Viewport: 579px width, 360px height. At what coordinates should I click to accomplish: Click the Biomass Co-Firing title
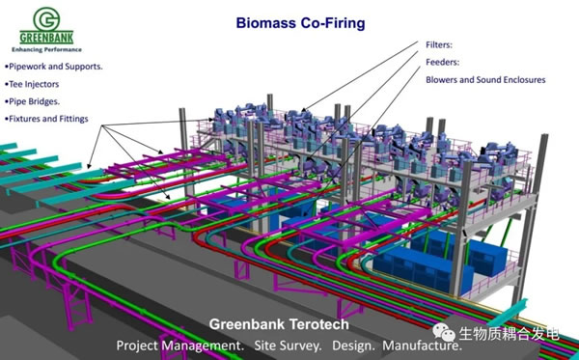point(300,23)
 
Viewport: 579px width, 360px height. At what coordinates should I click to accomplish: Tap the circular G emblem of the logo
point(46,19)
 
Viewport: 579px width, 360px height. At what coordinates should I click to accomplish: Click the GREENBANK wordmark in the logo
point(46,38)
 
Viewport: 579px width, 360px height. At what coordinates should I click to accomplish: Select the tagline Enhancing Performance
point(46,49)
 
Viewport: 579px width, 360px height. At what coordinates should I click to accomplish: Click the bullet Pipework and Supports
point(53,67)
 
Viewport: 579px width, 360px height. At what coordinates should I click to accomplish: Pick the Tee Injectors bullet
point(32,84)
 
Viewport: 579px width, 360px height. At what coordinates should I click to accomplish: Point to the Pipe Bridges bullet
point(32,101)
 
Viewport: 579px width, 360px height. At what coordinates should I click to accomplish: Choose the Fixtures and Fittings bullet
point(46,119)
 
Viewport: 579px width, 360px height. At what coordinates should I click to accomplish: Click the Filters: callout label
point(439,44)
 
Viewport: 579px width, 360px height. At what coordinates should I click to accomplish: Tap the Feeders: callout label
point(443,62)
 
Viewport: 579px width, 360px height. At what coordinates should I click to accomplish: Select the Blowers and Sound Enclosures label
point(485,80)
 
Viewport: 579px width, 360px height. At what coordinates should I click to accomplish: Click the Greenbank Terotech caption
point(279,324)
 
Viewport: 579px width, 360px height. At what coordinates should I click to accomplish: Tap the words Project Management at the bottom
point(179,346)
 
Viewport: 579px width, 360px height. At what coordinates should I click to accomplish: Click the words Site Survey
point(288,346)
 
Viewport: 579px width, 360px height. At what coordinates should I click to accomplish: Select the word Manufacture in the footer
point(422,346)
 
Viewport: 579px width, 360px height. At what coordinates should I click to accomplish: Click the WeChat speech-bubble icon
point(444,332)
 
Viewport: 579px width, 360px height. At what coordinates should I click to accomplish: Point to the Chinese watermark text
point(509,334)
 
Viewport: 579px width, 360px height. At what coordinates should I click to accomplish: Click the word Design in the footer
point(353,346)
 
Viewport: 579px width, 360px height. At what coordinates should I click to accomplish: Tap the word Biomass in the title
point(266,23)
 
